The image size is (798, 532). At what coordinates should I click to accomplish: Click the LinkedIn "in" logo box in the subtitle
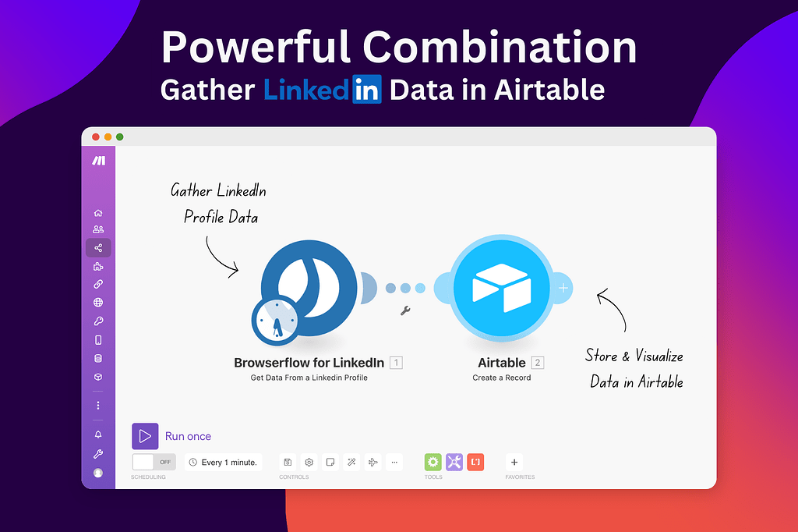tap(367, 90)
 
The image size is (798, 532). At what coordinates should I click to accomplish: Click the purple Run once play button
tap(145, 436)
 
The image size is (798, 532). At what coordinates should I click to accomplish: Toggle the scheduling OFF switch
tap(154, 462)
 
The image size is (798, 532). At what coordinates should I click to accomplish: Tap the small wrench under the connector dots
tap(405, 310)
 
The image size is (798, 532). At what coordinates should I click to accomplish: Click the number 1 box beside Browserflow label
tap(396, 363)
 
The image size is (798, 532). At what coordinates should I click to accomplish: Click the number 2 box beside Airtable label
tap(537, 363)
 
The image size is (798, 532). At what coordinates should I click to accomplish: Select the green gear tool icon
tap(433, 462)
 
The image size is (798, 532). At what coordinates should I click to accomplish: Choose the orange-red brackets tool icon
tap(475, 462)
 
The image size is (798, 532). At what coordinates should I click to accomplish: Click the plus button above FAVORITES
tap(514, 462)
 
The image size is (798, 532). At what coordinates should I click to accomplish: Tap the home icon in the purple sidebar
tap(98, 213)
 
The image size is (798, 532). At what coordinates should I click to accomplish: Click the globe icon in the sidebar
tap(98, 303)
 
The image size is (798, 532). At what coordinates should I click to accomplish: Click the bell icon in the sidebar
tap(98, 434)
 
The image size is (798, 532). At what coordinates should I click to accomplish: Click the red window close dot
tap(96, 137)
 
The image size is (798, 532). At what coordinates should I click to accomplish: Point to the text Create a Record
tap(501, 378)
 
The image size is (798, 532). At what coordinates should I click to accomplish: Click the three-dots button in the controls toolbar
tap(394, 462)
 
